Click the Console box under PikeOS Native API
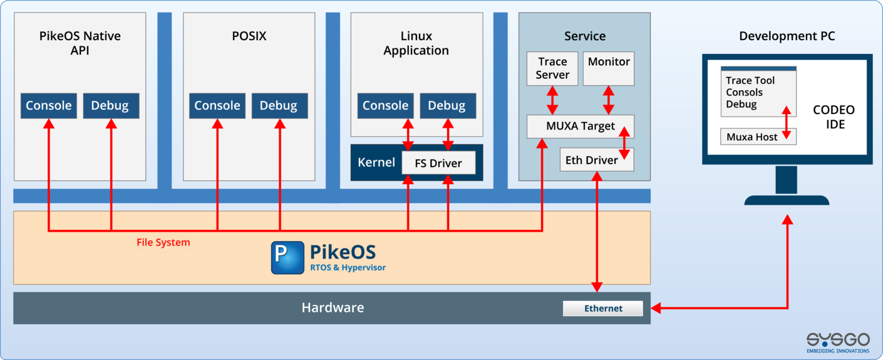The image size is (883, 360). pos(48,106)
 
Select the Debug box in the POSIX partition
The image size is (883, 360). pos(279,106)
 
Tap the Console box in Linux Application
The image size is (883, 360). pos(385,106)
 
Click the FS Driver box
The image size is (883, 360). pos(438,163)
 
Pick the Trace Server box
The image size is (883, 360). pos(552,68)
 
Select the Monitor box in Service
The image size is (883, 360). pos(609,68)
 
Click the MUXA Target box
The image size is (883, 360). pos(580,126)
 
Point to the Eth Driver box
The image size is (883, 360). pos(591,160)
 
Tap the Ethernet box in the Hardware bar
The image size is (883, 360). pos(603,308)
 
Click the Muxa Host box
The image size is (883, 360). pos(758,137)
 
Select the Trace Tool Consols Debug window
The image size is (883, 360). pos(758,92)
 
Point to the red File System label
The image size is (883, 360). pos(163,242)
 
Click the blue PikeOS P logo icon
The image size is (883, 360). pos(287,258)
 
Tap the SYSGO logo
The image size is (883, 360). pos(837,341)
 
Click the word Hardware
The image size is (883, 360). pos(333,307)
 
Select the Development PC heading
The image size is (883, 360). pos(787,36)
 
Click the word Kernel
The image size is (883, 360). pos(376,163)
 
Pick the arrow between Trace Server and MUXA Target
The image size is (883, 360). pos(552,101)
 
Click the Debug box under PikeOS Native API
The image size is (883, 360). pos(110,106)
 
